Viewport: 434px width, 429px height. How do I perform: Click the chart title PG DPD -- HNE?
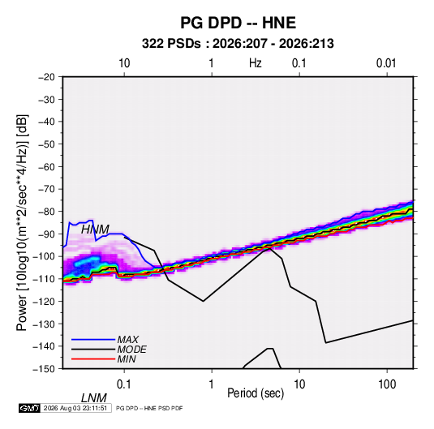[x=238, y=23]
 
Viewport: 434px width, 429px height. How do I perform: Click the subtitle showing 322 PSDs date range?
[x=238, y=44]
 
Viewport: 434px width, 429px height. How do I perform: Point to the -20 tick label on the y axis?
[x=46, y=77]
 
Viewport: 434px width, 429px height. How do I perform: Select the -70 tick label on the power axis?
[x=46, y=189]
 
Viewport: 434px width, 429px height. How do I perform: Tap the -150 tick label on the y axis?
[x=44, y=369]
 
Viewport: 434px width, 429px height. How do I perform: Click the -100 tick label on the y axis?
[x=44, y=256]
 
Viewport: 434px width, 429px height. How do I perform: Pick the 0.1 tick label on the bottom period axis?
[x=124, y=384]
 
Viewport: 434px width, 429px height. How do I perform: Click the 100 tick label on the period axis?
[x=387, y=384]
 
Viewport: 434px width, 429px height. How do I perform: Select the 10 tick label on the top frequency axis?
[x=124, y=63]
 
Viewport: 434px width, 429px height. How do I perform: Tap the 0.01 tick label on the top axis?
[x=386, y=63]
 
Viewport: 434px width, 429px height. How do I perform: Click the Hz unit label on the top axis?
[x=256, y=63]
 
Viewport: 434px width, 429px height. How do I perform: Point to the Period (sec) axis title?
[x=256, y=393]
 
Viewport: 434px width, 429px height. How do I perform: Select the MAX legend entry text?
[x=128, y=340]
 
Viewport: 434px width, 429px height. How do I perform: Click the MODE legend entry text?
[x=131, y=350]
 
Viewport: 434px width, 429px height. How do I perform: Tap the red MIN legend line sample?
[x=93, y=359]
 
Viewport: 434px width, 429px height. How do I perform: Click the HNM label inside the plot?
[x=95, y=230]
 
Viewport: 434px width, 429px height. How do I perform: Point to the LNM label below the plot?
[x=94, y=398]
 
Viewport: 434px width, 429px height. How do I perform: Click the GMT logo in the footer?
[x=29, y=408]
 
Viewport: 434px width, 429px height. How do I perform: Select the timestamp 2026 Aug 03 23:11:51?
[x=75, y=408]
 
